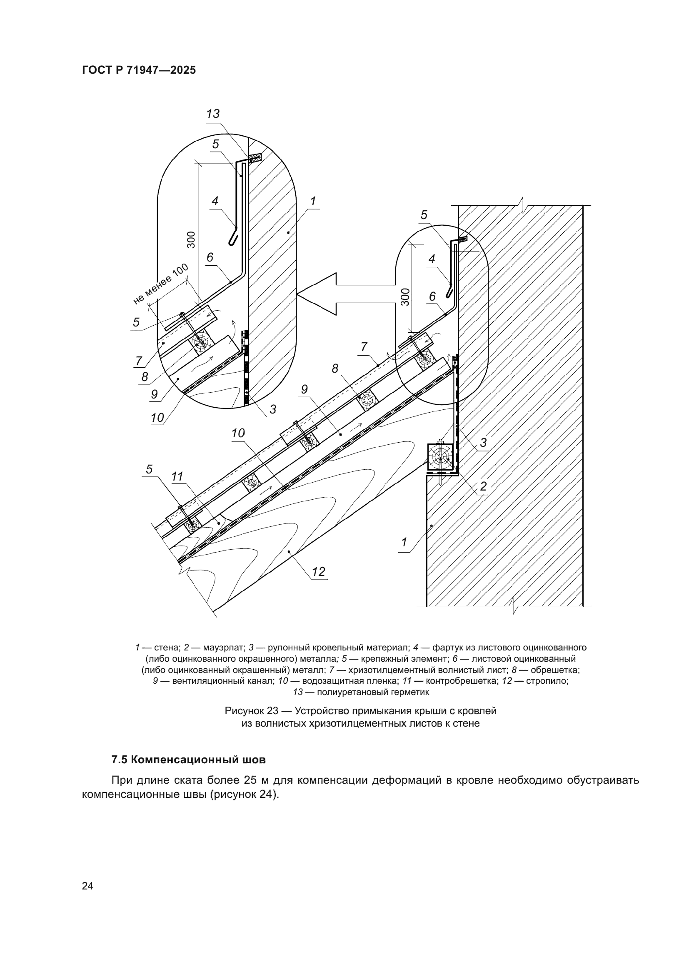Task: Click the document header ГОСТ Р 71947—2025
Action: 139,70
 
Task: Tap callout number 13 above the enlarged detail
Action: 212,114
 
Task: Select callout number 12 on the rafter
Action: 318,571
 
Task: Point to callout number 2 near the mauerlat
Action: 483,486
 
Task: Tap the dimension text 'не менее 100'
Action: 161,284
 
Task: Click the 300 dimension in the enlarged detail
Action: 191,240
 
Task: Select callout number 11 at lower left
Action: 177,477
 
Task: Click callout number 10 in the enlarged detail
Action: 157,417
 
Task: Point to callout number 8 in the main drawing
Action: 335,369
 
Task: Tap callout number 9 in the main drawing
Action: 304,389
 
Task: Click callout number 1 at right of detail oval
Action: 313,201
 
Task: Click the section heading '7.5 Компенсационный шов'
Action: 188,760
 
